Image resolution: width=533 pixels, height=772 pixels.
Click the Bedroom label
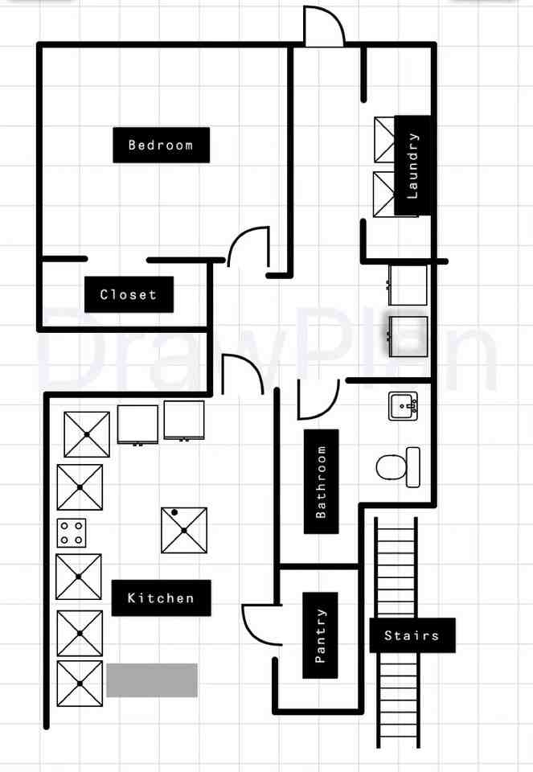(161, 145)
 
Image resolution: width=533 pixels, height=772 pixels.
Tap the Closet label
(129, 294)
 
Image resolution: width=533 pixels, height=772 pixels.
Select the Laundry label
(413, 166)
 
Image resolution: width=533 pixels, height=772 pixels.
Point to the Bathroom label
(321, 481)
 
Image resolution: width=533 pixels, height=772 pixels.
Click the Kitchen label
(161, 597)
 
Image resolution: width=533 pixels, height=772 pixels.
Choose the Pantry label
(320, 635)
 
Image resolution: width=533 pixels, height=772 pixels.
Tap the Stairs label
(412, 635)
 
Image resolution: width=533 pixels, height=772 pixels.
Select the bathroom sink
(403, 407)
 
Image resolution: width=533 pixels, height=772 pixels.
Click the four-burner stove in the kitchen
(71, 532)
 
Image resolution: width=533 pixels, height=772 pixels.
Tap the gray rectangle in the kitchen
(152, 680)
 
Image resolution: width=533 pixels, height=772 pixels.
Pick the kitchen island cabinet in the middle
(184, 530)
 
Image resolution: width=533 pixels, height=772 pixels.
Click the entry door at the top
(325, 27)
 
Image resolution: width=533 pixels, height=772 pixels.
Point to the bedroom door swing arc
(248, 246)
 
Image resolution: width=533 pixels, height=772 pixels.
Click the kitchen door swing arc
(243, 373)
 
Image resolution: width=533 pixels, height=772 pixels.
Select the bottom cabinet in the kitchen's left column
(80, 684)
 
